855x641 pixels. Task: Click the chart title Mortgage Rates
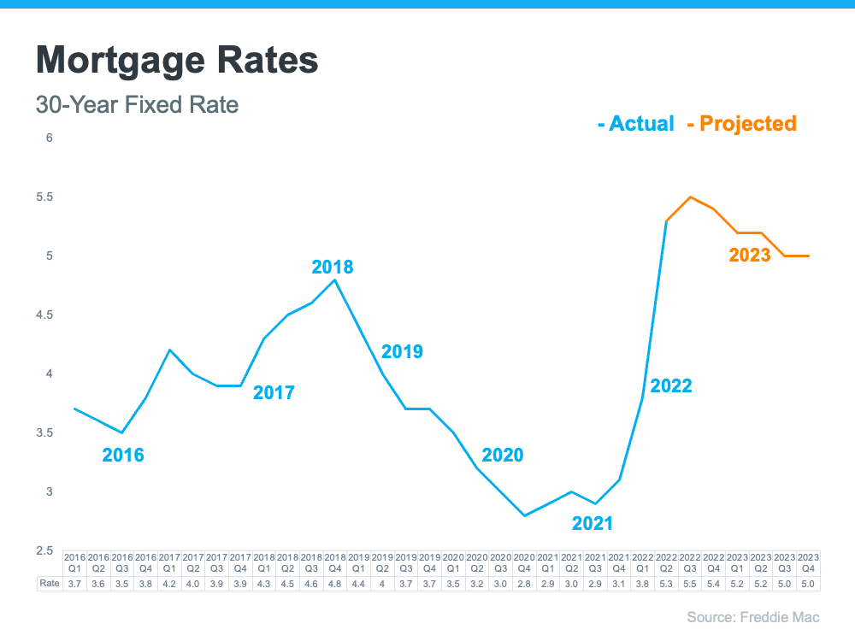177,61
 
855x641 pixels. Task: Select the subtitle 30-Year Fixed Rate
137,105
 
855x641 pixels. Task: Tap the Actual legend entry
636,124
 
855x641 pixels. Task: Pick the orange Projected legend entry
742,124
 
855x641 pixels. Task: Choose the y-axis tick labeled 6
49,138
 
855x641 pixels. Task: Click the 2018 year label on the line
333,268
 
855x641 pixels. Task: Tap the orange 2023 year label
750,255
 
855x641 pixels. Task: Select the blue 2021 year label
593,524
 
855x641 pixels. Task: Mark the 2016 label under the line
123,455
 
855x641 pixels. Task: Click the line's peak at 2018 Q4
335,279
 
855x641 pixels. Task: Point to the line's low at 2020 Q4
524,516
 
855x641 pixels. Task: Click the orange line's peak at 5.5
690,197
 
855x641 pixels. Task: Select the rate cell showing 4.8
335,584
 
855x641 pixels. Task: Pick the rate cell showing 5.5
690,584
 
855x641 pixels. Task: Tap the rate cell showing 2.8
524,584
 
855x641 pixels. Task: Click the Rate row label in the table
50,584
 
